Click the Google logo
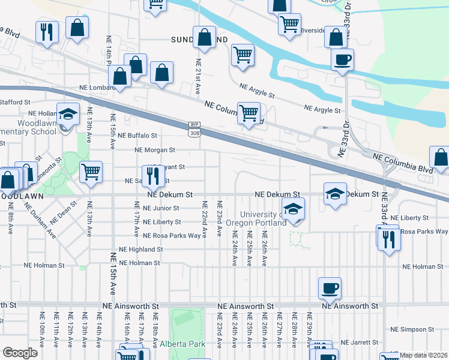(x=20, y=353)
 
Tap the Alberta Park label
(x=182, y=344)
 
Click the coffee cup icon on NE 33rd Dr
(x=343, y=60)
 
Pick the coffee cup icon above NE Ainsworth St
(x=330, y=289)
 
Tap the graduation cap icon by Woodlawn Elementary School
(x=68, y=114)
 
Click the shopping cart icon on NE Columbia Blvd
(x=249, y=112)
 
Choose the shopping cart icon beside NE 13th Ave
(x=91, y=172)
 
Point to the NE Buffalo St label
(x=137, y=136)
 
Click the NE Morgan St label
(x=155, y=150)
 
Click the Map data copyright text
(x=423, y=355)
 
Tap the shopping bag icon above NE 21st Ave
(x=205, y=37)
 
